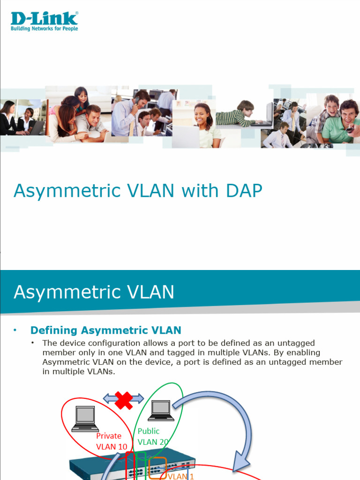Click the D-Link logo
click(44, 19)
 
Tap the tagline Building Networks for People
click(44, 29)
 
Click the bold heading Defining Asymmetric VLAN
click(105, 330)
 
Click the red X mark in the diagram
click(124, 399)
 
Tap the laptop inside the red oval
click(85, 419)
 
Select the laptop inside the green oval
click(161, 411)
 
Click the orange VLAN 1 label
click(180, 476)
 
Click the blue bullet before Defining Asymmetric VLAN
click(15, 330)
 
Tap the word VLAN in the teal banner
click(150, 292)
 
